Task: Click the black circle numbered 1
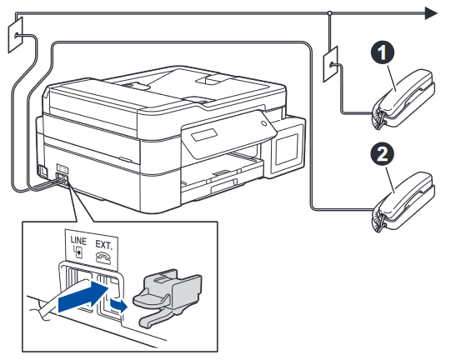pos(381,54)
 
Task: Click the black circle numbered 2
pos(381,156)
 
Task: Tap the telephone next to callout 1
pos(402,99)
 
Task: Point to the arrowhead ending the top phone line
pos(430,12)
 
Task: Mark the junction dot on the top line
pos(331,12)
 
